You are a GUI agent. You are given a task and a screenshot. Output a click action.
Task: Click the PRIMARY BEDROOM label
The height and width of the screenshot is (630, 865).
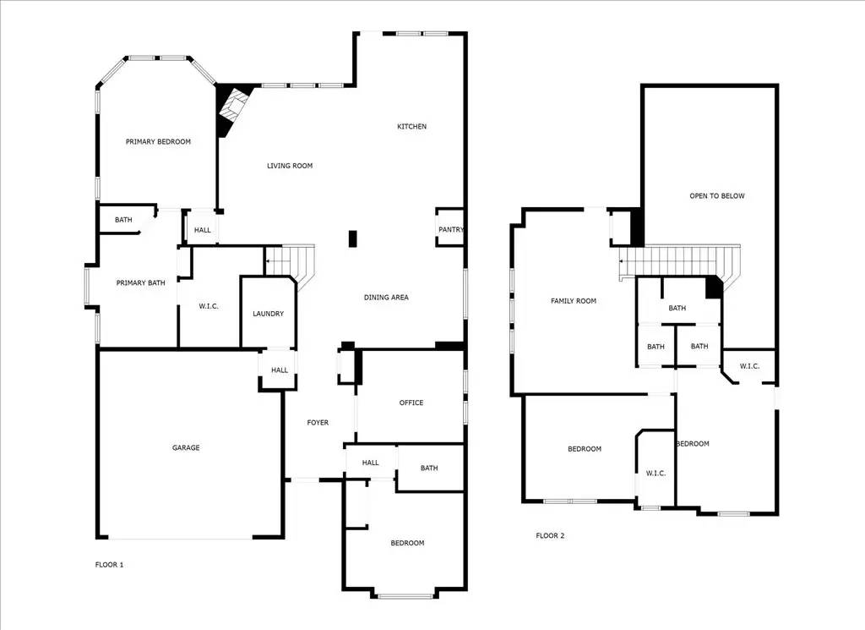[x=158, y=142]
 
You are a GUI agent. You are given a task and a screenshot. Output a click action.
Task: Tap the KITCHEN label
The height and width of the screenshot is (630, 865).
[x=412, y=127]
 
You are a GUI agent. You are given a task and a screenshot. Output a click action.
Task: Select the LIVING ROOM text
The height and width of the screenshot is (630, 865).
[x=290, y=166]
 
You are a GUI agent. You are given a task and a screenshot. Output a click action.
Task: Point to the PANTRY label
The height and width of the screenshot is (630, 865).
[x=450, y=229]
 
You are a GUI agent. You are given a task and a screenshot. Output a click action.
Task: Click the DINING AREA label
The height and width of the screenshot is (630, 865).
[x=386, y=298]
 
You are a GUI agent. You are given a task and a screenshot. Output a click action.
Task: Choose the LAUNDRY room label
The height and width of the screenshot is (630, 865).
[x=268, y=314]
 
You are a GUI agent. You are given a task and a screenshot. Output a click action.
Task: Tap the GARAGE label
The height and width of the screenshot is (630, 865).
[x=186, y=447]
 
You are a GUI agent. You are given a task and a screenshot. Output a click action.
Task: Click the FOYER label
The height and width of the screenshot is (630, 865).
[x=318, y=423]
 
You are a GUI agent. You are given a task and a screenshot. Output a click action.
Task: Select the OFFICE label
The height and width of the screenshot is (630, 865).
[x=411, y=403]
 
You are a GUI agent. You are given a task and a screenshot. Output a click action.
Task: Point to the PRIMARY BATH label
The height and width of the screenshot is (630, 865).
[x=140, y=282]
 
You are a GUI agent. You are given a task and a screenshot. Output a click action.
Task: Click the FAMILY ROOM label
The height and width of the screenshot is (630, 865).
[x=574, y=301]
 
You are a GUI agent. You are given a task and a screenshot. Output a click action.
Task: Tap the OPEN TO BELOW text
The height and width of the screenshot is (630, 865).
[x=717, y=196]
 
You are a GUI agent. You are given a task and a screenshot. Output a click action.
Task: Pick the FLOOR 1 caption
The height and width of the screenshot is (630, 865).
[x=109, y=564]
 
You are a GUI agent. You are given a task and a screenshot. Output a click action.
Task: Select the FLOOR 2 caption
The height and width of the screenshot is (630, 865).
[x=550, y=535]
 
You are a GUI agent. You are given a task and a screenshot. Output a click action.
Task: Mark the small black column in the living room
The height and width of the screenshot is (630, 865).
[x=353, y=238]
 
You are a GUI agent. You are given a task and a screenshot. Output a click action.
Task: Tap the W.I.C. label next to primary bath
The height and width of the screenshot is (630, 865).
[x=209, y=306]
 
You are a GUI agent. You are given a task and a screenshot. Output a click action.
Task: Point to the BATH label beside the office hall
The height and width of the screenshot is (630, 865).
[x=429, y=468]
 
